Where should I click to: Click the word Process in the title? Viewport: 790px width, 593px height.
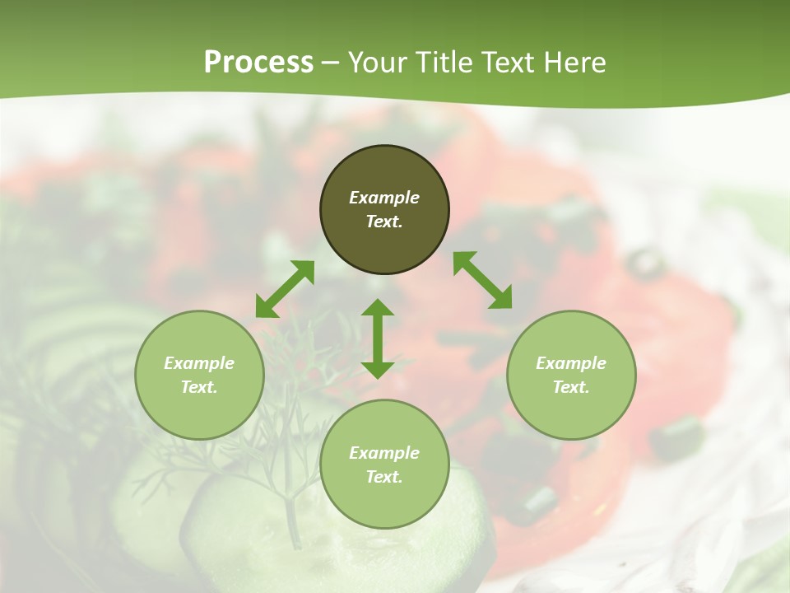tap(258, 63)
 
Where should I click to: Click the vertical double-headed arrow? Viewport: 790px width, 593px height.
tap(378, 339)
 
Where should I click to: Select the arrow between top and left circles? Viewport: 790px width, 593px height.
tap(285, 289)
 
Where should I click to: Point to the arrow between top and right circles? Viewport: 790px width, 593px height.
tap(483, 280)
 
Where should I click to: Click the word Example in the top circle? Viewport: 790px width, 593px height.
tap(384, 198)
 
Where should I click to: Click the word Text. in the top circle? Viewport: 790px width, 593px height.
tap(384, 222)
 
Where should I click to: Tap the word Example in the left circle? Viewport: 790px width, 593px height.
tap(199, 363)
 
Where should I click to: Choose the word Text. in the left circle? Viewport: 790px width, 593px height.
tap(199, 387)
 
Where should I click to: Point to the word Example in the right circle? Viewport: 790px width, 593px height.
tap(571, 363)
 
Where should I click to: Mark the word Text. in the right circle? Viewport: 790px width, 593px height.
tap(571, 387)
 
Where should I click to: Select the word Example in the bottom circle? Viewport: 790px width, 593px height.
tap(384, 453)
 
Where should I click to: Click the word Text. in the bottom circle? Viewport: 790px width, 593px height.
tap(384, 477)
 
